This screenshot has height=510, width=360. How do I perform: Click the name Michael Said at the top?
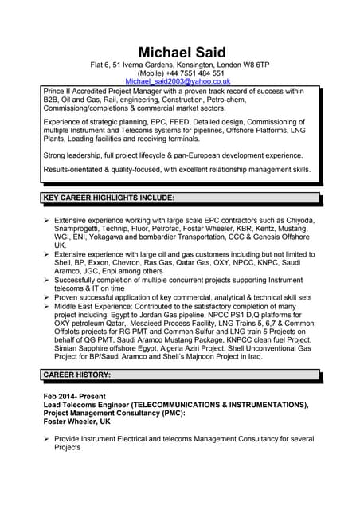click(x=181, y=52)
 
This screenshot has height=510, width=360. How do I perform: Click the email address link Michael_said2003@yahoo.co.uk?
click(x=178, y=81)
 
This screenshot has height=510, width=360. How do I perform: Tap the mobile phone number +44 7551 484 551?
click(x=195, y=73)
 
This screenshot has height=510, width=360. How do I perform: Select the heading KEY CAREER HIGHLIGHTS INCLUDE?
click(x=108, y=198)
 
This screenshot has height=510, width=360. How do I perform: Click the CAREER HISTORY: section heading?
click(x=76, y=374)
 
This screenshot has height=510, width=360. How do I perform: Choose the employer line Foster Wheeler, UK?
click(x=77, y=422)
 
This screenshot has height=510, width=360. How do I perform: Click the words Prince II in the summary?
click(x=60, y=92)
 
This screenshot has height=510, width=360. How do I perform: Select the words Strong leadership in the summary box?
click(x=74, y=155)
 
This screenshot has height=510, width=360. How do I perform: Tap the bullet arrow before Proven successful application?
click(x=47, y=297)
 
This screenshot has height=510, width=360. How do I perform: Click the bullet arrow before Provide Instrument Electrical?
click(x=47, y=439)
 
